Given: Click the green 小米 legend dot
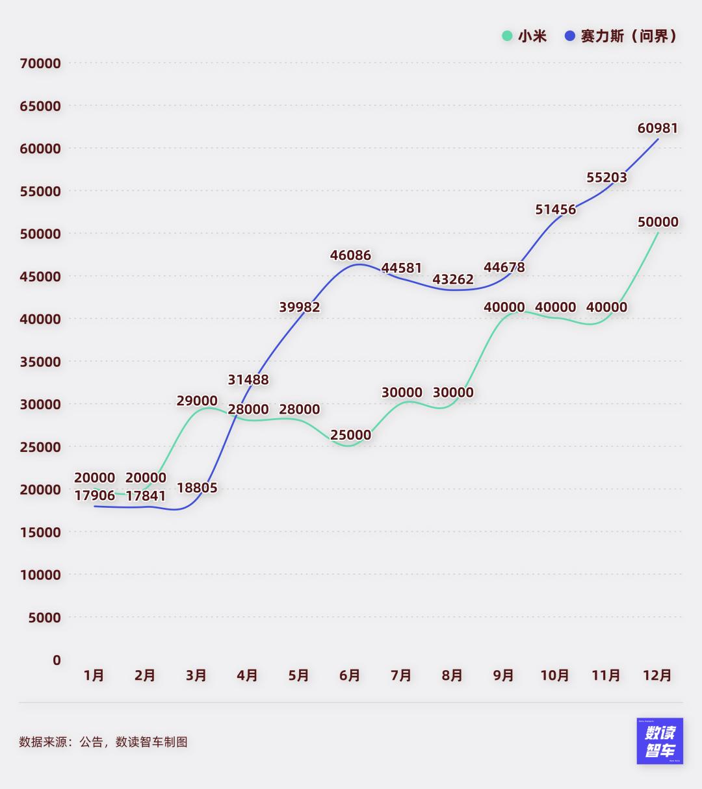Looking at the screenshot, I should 507,36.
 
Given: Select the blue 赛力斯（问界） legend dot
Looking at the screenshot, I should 570,36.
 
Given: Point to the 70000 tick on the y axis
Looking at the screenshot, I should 40,64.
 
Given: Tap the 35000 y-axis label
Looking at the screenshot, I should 40,362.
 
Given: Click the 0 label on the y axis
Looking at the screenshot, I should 57,660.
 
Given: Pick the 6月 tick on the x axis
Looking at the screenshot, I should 350,676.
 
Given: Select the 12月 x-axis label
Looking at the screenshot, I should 657,676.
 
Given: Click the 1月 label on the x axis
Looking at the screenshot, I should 94,676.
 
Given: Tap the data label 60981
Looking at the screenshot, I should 657,129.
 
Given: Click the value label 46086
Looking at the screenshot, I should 350,256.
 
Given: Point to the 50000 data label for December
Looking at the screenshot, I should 657,222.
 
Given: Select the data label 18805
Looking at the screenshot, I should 197,488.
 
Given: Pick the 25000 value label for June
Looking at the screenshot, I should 350,435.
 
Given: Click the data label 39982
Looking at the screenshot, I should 300,307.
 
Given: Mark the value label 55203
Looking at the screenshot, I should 606,177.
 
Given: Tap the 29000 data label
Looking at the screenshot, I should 197,401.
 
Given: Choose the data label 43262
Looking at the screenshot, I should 453,280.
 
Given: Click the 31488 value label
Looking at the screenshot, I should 248,380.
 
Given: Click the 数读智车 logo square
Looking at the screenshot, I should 660,741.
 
